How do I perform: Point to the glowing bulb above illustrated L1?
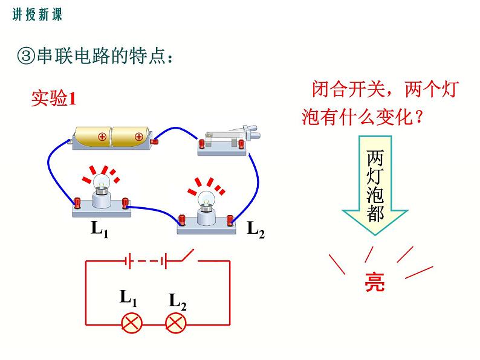101,181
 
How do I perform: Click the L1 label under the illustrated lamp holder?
99,230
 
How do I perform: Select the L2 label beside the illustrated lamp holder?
256,228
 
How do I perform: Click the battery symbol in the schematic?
145,261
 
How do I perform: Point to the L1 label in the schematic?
129,297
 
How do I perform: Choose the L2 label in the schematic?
177,301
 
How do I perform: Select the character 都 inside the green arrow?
375,213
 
